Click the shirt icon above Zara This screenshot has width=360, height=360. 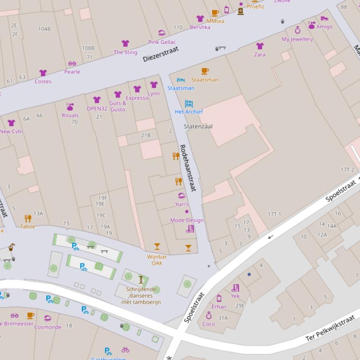click(260, 46)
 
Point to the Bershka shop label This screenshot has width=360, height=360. click(200, 27)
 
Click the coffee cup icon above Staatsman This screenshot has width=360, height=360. click(205, 71)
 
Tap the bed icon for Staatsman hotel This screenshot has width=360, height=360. click(181, 80)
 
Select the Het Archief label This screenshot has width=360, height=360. click(189, 112)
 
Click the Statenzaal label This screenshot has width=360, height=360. click(198, 126)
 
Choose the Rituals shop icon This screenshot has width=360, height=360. click(70, 107)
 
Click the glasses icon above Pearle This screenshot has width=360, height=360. click(72, 64)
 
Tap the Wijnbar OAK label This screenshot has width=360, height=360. click(157, 260)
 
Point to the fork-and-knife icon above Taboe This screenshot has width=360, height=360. click(28, 218)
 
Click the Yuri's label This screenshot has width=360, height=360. click(182, 204)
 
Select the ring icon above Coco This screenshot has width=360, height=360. click(209, 316)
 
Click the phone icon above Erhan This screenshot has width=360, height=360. click(219, 298)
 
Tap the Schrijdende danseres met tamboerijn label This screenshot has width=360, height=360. click(143, 295)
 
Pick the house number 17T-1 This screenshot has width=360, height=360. click(274, 214)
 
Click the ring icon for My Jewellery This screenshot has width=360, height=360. click(297, 30)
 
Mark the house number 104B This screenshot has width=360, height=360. click(44, 29)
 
